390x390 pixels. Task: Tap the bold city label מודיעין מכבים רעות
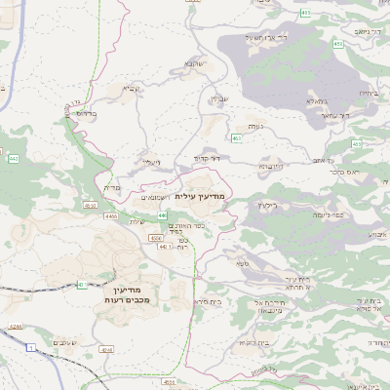click(x=123, y=295)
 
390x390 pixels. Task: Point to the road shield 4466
click(x=110, y=216)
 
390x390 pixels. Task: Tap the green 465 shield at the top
click(x=306, y=13)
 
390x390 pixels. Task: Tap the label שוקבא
click(x=193, y=64)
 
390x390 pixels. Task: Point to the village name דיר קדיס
click(x=208, y=158)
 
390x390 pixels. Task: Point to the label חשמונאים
click(x=156, y=197)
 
